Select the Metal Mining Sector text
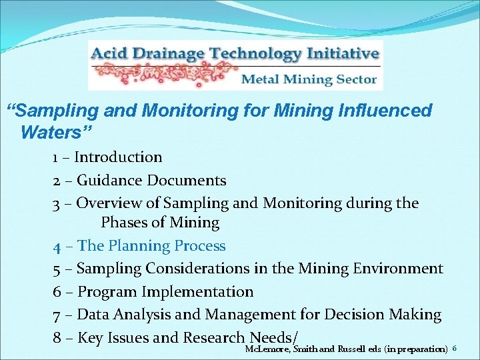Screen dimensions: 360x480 (x=309, y=79)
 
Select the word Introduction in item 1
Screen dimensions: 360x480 (x=118, y=157)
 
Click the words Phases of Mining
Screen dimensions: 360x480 (x=160, y=223)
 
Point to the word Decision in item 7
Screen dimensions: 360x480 (x=357, y=314)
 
